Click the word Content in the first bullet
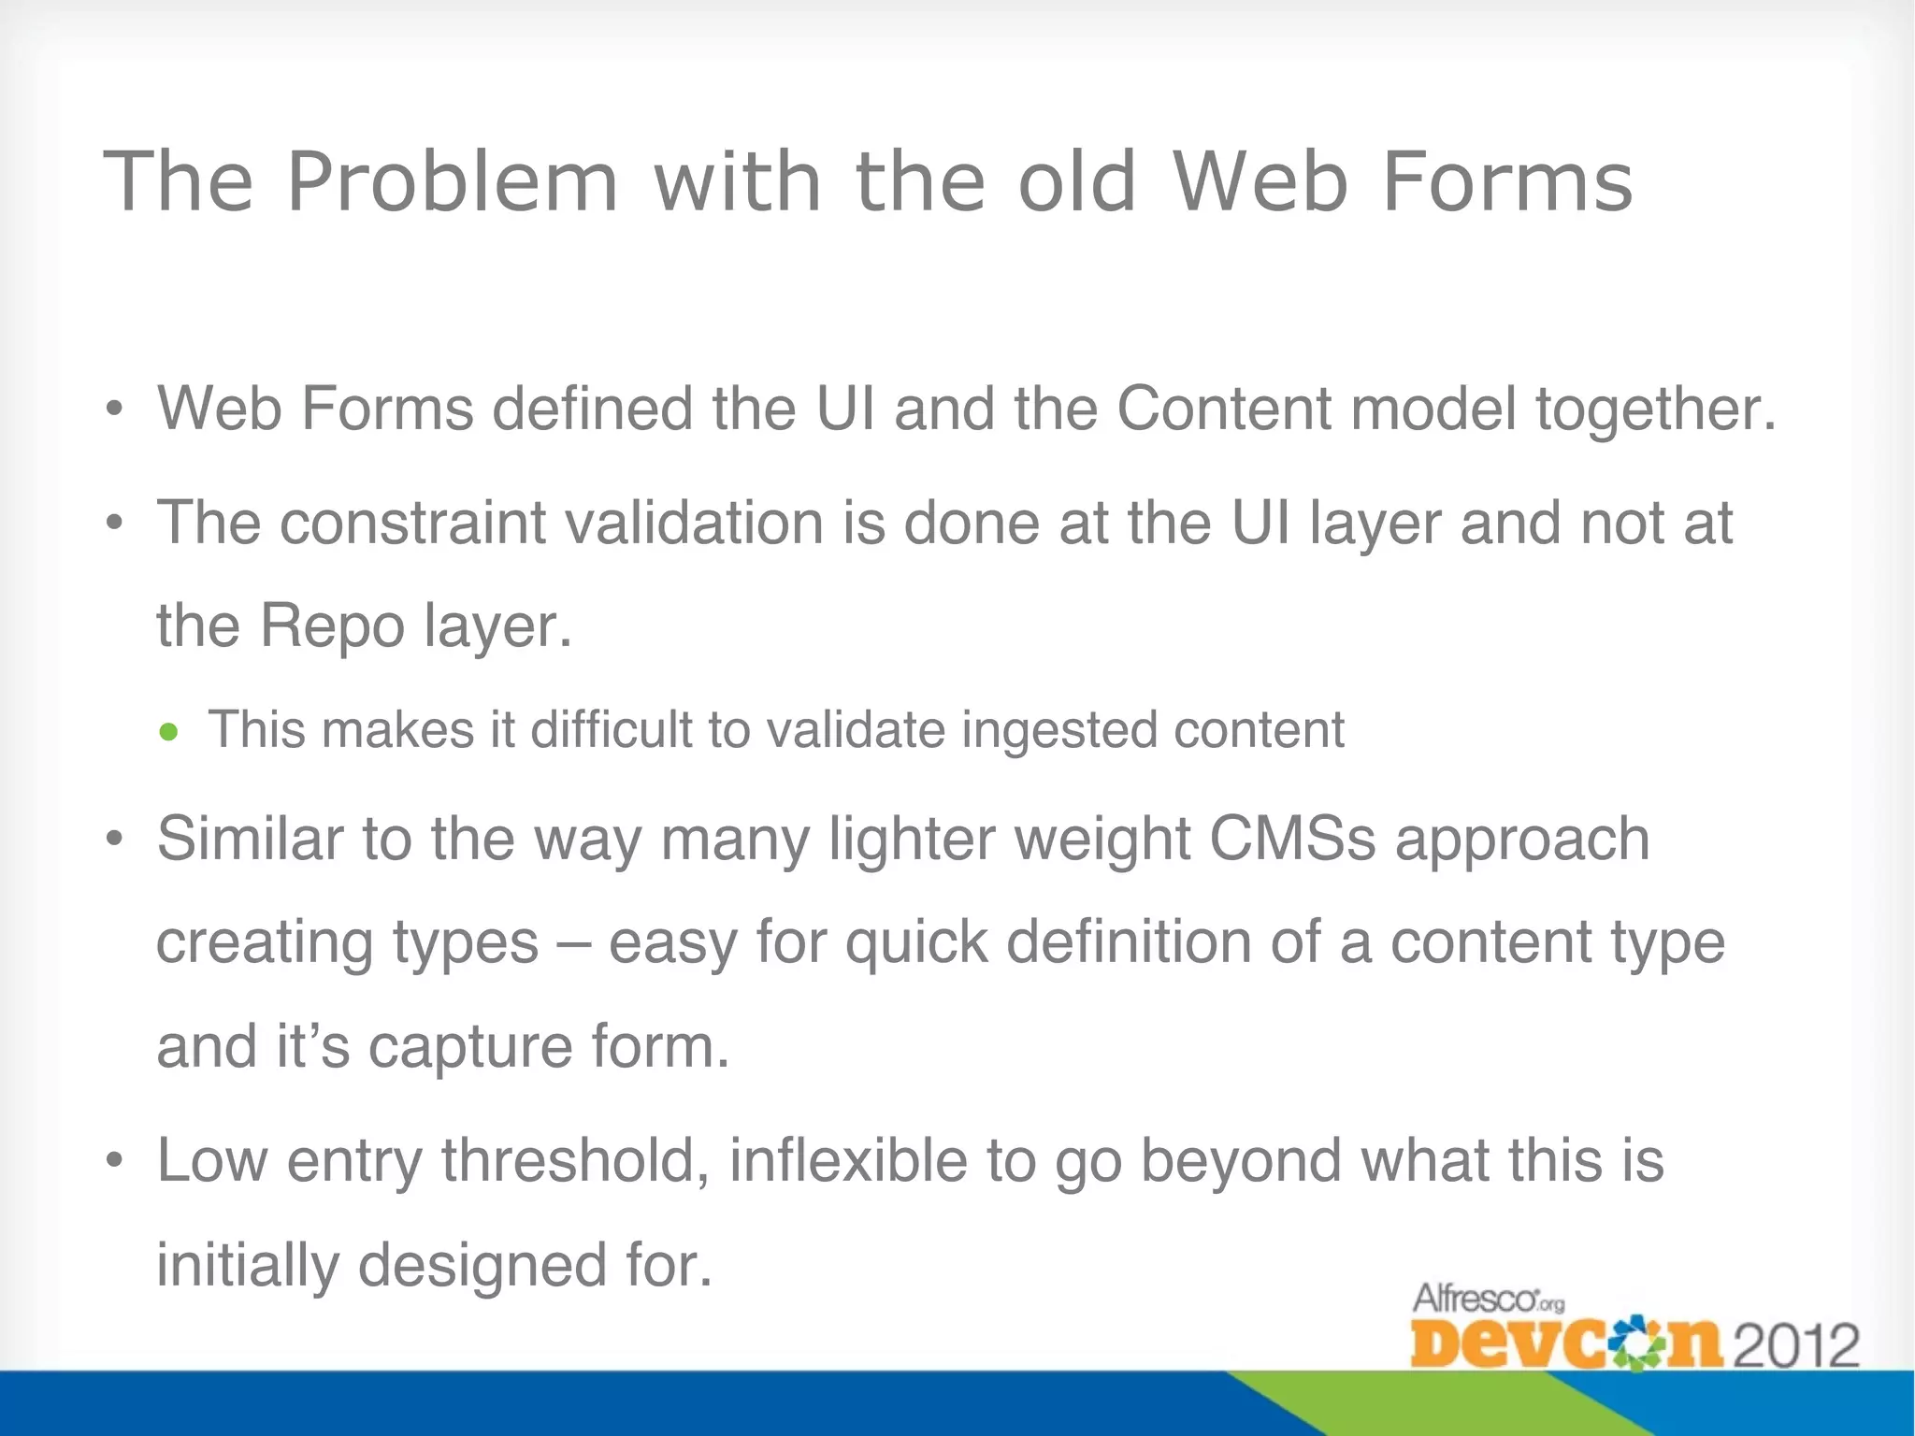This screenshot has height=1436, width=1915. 1224,409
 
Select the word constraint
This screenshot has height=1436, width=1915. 412,523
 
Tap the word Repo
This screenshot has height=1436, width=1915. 332,626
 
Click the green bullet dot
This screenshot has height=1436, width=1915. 168,732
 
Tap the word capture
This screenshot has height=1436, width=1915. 469,1047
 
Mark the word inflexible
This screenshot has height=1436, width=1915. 848,1161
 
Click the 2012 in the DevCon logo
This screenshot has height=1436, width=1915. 1795,1344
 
